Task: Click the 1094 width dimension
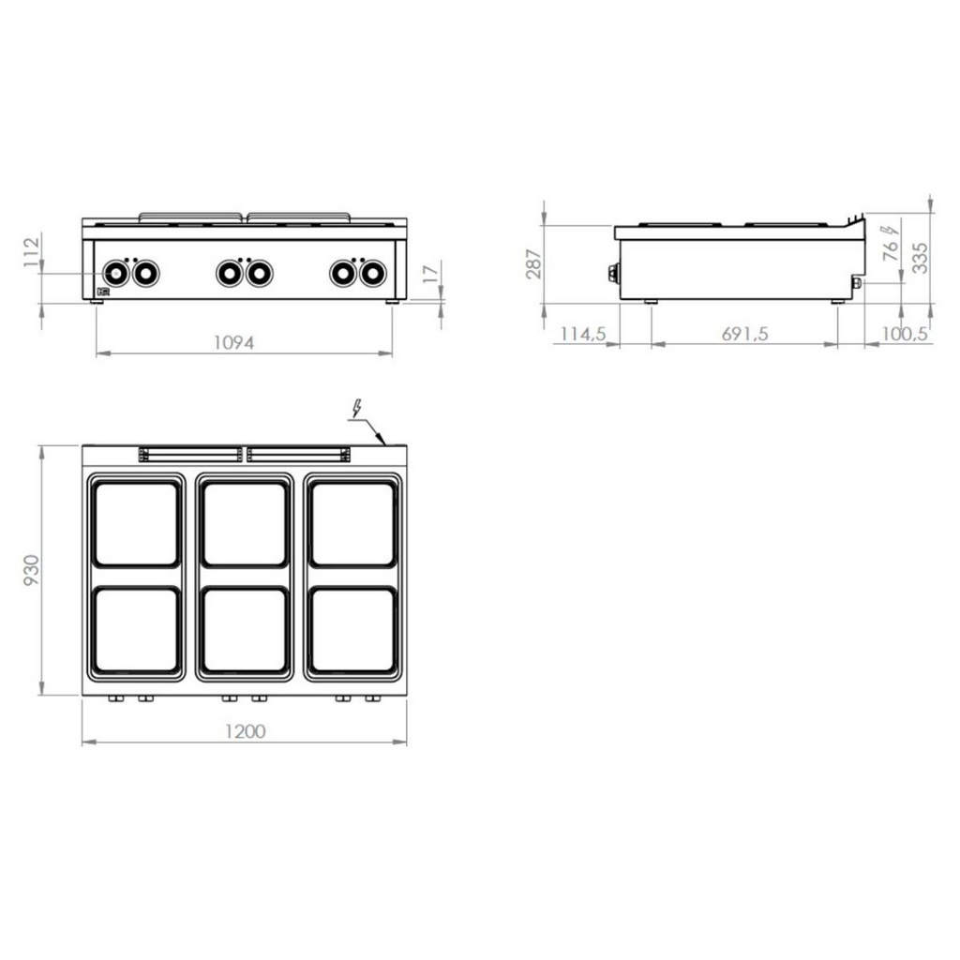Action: [233, 342]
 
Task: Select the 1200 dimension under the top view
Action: [245, 731]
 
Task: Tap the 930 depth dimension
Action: [31, 570]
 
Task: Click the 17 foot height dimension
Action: [432, 273]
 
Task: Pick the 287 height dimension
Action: [533, 263]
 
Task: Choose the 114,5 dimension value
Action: [583, 334]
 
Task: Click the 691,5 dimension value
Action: [743, 334]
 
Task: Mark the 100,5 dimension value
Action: [905, 334]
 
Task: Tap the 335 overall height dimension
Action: [920, 258]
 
